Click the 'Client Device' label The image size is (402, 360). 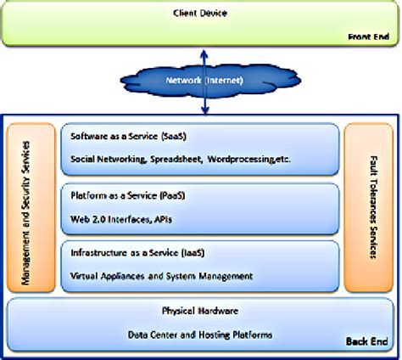200,13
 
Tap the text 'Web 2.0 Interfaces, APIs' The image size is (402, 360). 120,217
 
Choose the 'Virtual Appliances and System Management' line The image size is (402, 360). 159,274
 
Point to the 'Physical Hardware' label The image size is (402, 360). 200,311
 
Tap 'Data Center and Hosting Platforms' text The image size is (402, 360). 200,334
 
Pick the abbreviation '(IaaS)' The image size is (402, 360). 187,253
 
